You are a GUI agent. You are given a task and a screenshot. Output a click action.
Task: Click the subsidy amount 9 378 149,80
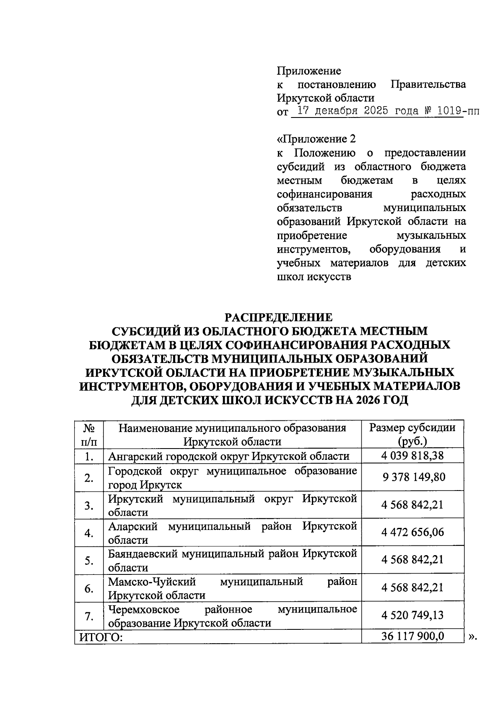pos(413,477)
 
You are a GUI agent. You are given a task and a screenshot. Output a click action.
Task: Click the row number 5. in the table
pos(89,561)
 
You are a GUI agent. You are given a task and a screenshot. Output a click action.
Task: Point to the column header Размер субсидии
pos(412,428)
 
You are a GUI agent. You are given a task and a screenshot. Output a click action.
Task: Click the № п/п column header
pos(89,435)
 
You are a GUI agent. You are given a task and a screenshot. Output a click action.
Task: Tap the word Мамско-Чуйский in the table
pos(152,582)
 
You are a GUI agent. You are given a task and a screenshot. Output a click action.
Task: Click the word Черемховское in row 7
pos(144,609)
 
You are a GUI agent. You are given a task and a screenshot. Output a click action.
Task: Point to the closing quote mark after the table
pos(472,637)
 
